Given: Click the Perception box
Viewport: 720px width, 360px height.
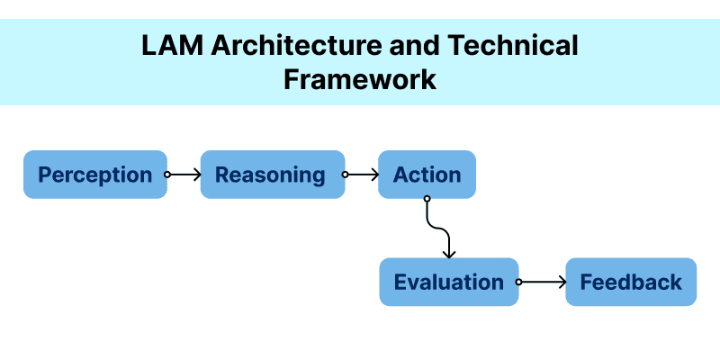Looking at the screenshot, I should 94,175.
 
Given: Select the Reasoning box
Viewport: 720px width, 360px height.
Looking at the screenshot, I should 272,175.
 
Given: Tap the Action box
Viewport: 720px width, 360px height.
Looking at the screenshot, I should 427,175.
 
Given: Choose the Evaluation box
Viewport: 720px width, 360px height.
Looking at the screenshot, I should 448,282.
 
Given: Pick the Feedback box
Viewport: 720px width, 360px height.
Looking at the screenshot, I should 631,282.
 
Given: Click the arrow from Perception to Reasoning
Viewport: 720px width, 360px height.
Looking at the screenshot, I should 184,175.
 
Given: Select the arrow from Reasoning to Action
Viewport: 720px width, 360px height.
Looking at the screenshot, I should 361,175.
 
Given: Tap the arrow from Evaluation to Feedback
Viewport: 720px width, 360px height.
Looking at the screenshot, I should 542,282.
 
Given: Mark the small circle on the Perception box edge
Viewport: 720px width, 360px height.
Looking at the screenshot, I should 166,175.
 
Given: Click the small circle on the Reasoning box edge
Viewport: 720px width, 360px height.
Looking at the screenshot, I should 345,175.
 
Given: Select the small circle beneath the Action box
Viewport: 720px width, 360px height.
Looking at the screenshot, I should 427,199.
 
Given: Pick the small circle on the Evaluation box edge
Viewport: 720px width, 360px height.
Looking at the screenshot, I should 518,282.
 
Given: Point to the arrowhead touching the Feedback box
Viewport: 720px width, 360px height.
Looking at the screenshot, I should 562,282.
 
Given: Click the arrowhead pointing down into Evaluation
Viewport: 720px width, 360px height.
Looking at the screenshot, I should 448,254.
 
